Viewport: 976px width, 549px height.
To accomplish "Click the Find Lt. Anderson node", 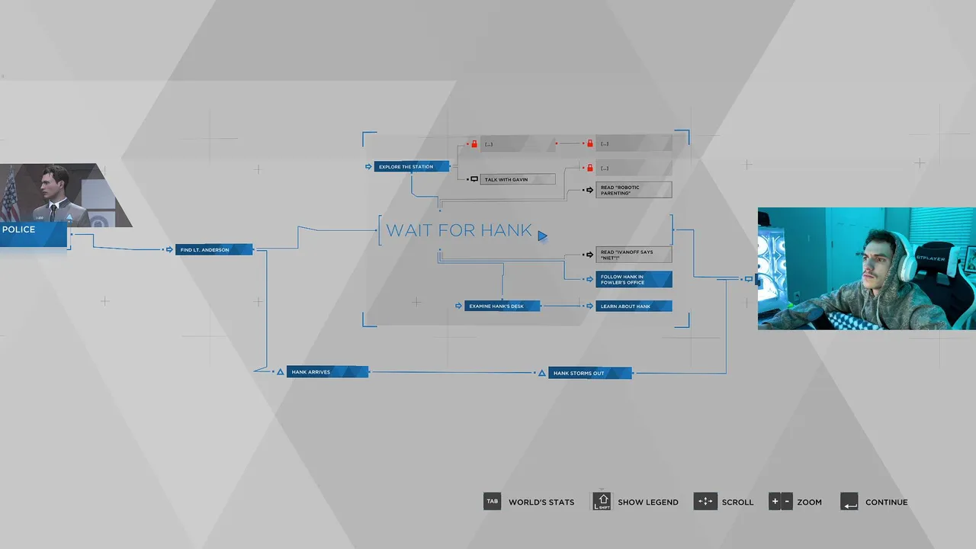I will coord(213,249).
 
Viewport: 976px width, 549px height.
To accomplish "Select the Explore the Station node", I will coord(411,166).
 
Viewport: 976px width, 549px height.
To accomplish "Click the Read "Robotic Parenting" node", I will coord(633,190).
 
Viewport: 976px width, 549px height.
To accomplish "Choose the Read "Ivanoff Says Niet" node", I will coord(633,255).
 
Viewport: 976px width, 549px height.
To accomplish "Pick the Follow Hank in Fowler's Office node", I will coord(633,279).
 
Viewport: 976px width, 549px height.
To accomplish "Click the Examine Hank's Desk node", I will coord(502,306).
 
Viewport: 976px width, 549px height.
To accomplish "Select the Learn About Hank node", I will coord(633,306).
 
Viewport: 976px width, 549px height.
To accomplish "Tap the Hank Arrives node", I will coord(327,372).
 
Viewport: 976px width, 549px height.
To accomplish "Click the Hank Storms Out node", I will coord(589,373).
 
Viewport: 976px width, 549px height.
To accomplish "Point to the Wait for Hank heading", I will coord(459,231).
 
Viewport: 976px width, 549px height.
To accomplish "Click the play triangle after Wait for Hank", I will coord(542,236).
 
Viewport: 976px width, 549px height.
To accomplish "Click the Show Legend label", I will coord(647,502).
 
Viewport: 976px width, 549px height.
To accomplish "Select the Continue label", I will coord(886,502).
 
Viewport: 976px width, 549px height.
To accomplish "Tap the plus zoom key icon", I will coord(775,502).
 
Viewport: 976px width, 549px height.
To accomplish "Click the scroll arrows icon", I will coord(705,502).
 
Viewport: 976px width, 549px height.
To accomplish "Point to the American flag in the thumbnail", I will coord(9,198).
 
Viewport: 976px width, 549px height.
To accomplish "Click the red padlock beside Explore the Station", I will coord(474,143).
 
